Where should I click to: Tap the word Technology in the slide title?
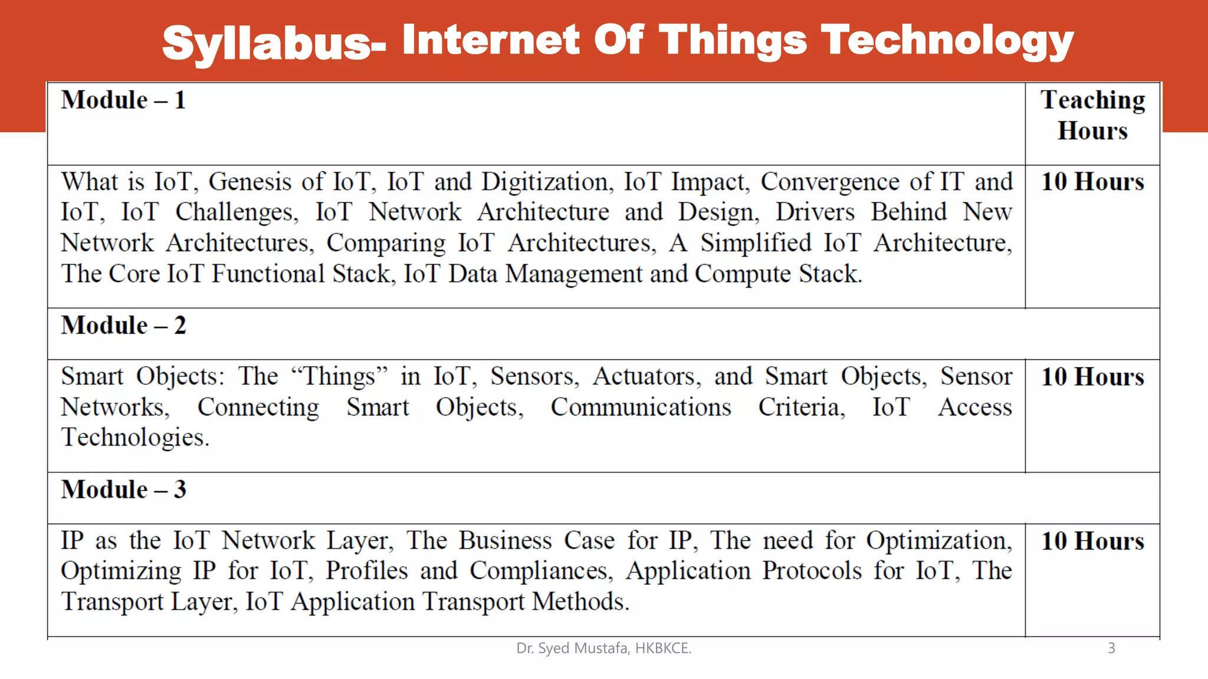(947, 41)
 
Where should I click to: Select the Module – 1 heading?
(123, 100)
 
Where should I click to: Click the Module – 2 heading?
(123, 325)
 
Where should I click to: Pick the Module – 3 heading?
(123, 490)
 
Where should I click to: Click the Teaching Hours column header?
(1092, 116)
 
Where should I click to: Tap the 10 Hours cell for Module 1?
(1092, 182)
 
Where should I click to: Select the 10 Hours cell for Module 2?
(1092, 377)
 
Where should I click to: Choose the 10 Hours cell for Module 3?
(1092, 541)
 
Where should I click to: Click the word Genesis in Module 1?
(250, 182)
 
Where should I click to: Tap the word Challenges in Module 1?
(237, 213)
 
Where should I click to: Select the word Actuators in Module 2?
(646, 377)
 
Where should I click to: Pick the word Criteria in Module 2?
(801, 407)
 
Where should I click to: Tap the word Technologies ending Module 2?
(135, 438)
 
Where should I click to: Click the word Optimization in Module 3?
(938, 541)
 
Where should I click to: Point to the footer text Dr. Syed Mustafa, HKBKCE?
(603, 648)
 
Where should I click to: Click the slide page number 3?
(1111, 648)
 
